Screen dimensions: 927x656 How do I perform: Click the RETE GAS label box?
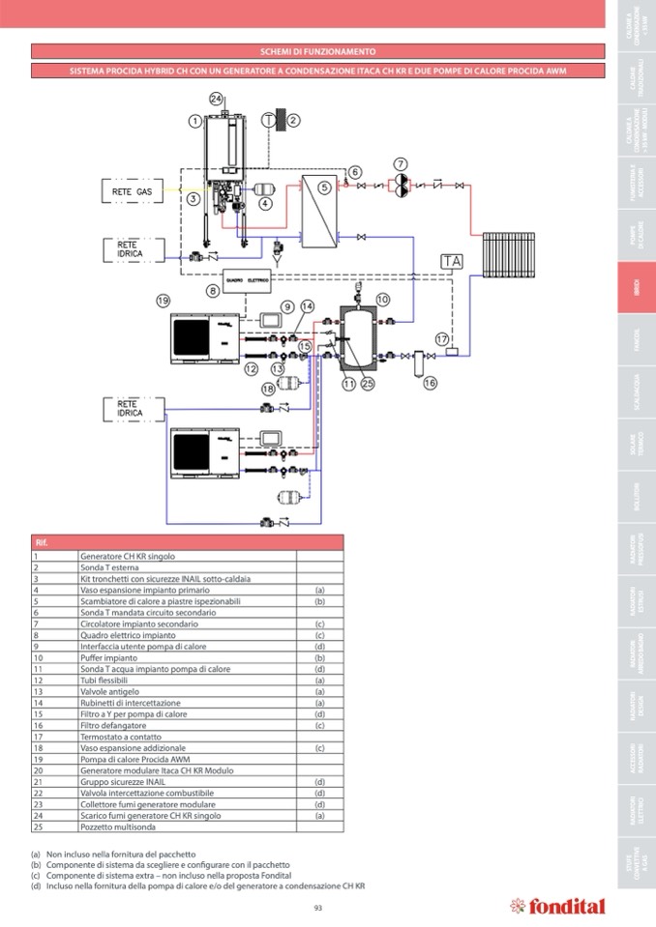pos(132,192)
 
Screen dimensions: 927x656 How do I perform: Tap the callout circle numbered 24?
pos(217,99)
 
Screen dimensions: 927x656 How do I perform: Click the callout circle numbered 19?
pos(164,301)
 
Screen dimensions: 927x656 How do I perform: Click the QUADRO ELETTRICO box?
pos(249,278)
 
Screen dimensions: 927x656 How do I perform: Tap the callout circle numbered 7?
pos(401,163)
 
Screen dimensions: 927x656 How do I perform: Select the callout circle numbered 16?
pos(430,383)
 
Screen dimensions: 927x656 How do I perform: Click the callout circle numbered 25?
pos(367,384)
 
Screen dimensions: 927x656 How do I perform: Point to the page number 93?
pos(318,907)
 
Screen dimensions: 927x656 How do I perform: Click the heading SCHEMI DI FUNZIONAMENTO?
pos(318,51)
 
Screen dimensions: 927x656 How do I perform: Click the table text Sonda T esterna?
pos(107,567)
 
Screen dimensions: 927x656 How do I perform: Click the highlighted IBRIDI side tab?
pos(636,288)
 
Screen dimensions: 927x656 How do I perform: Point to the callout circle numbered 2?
pos(294,120)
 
